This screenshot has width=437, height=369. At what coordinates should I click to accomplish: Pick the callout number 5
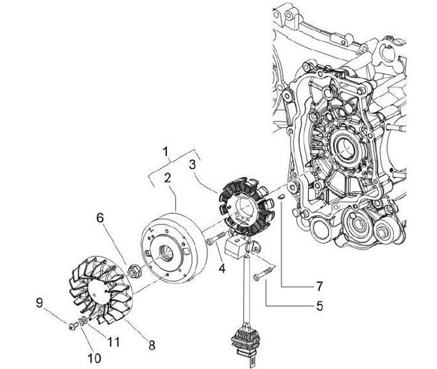click(x=319, y=305)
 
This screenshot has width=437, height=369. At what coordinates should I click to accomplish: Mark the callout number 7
click(x=319, y=285)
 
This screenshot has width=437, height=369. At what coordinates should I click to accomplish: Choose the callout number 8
click(x=151, y=345)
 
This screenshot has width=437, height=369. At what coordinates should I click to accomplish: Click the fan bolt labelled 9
click(x=73, y=327)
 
